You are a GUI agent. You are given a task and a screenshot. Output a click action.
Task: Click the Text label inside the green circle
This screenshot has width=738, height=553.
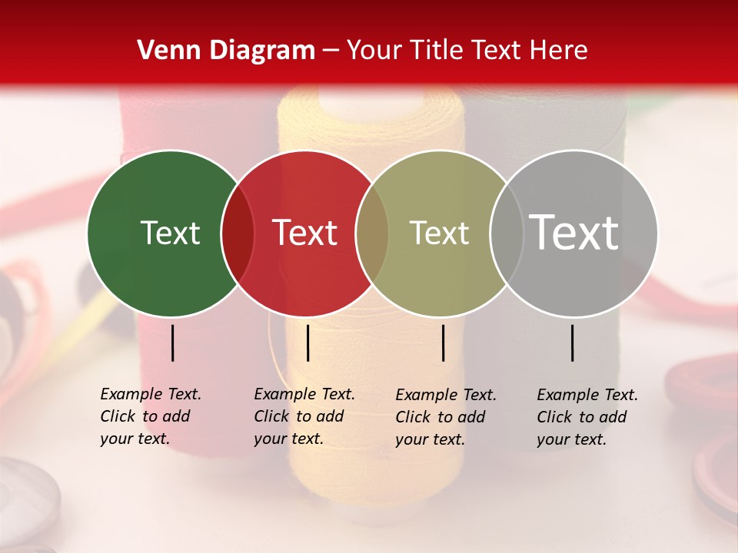coord(170,233)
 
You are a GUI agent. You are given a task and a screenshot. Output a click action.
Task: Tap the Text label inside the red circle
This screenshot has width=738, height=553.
coord(304,233)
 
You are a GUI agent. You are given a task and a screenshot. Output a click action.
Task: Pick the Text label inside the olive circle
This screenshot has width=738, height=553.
coord(439,233)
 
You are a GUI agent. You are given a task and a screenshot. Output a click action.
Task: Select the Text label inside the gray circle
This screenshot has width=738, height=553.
coord(573,232)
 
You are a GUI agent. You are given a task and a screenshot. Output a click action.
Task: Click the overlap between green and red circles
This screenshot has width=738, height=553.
coord(238,233)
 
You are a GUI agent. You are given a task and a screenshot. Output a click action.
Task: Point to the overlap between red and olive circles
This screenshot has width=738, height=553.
coord(372,233)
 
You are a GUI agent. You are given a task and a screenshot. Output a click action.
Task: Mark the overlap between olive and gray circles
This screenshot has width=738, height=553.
coord(507,233)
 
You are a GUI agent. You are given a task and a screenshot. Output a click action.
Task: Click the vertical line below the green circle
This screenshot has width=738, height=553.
coord(173,343)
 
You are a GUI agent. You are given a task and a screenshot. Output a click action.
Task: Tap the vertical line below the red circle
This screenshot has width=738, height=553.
coord(307,343)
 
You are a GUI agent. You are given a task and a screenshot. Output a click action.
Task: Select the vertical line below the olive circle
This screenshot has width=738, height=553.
coord(444,343)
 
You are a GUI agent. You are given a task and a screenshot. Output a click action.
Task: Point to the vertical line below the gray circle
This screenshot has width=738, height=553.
coord(573,343)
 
